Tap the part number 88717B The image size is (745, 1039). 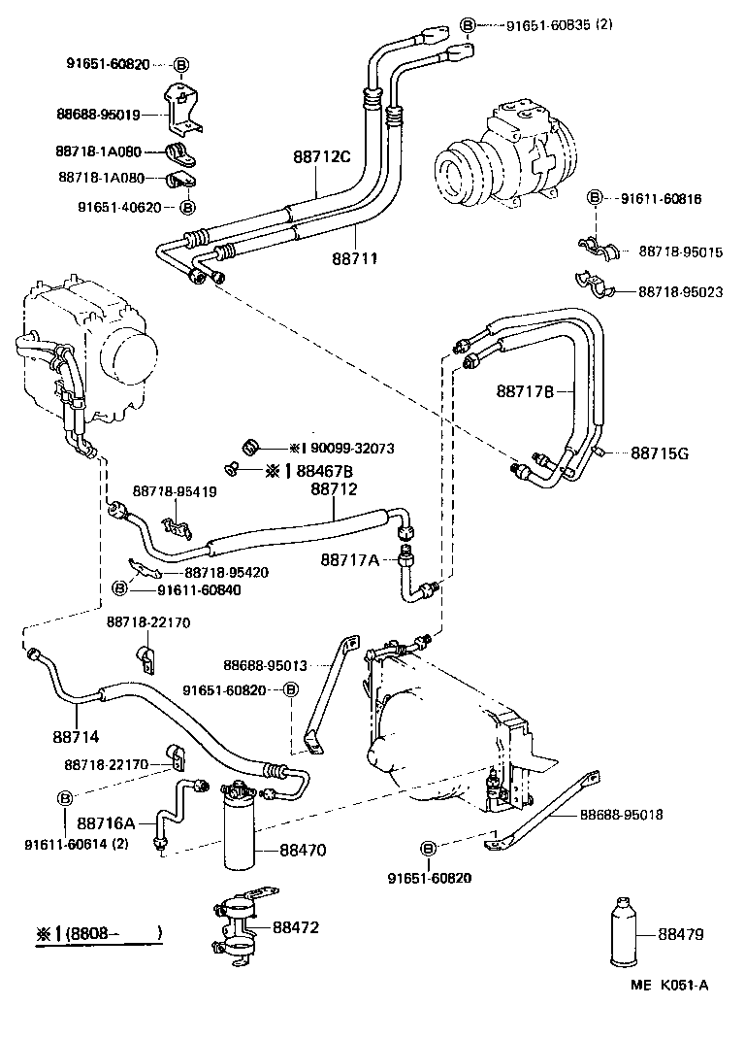[525, 391]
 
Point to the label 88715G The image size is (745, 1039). [660, 452]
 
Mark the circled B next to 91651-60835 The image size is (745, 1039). [468, 23]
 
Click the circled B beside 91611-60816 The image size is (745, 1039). [594, 198]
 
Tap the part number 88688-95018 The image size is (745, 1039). [621, 815]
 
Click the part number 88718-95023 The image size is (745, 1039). [680, 291]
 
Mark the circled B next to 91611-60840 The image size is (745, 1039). [119, 589]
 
